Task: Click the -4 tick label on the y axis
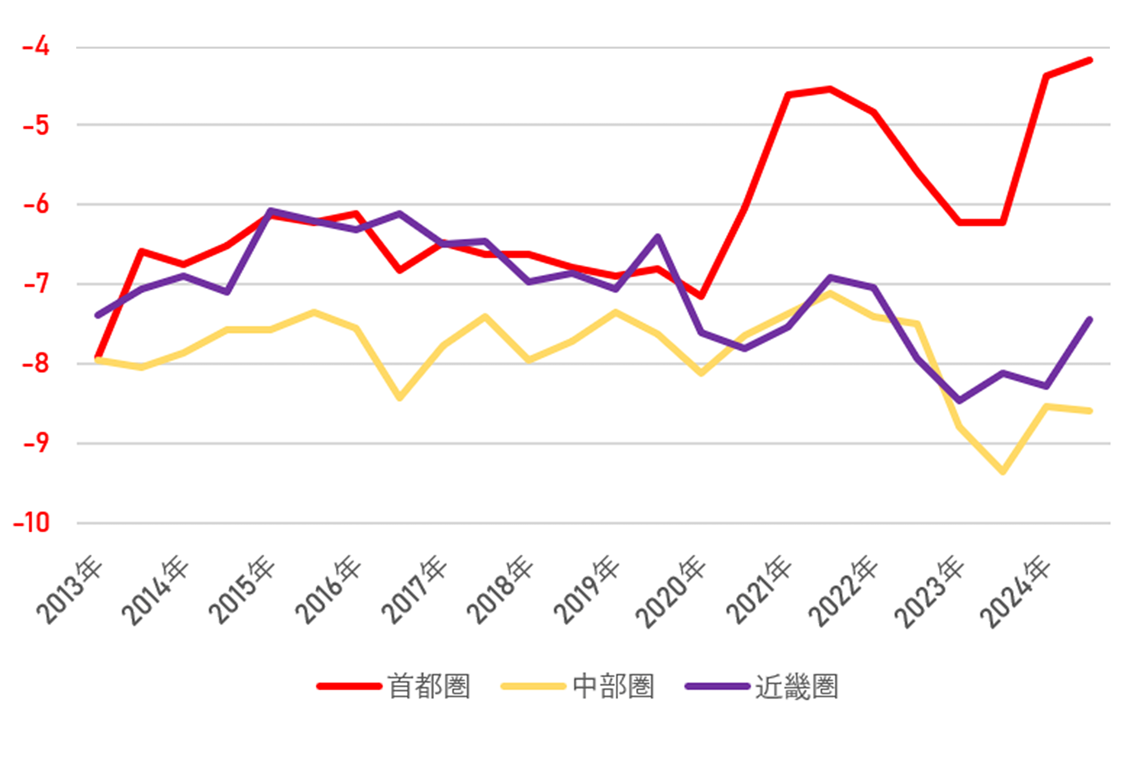tap(36, 47)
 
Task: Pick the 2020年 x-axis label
tap(670, 592)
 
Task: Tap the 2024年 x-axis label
tap(1015, 592)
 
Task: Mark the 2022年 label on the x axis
tap(843, 592)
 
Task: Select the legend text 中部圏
tap(613, 686)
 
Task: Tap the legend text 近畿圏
tap(796, 686)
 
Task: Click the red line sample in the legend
tap(349, 686)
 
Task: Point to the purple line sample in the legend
tap(717, 686)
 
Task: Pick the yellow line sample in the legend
tap(533, 686)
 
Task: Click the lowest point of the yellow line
tap(1003, 472)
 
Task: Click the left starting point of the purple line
tap(98, 315)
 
